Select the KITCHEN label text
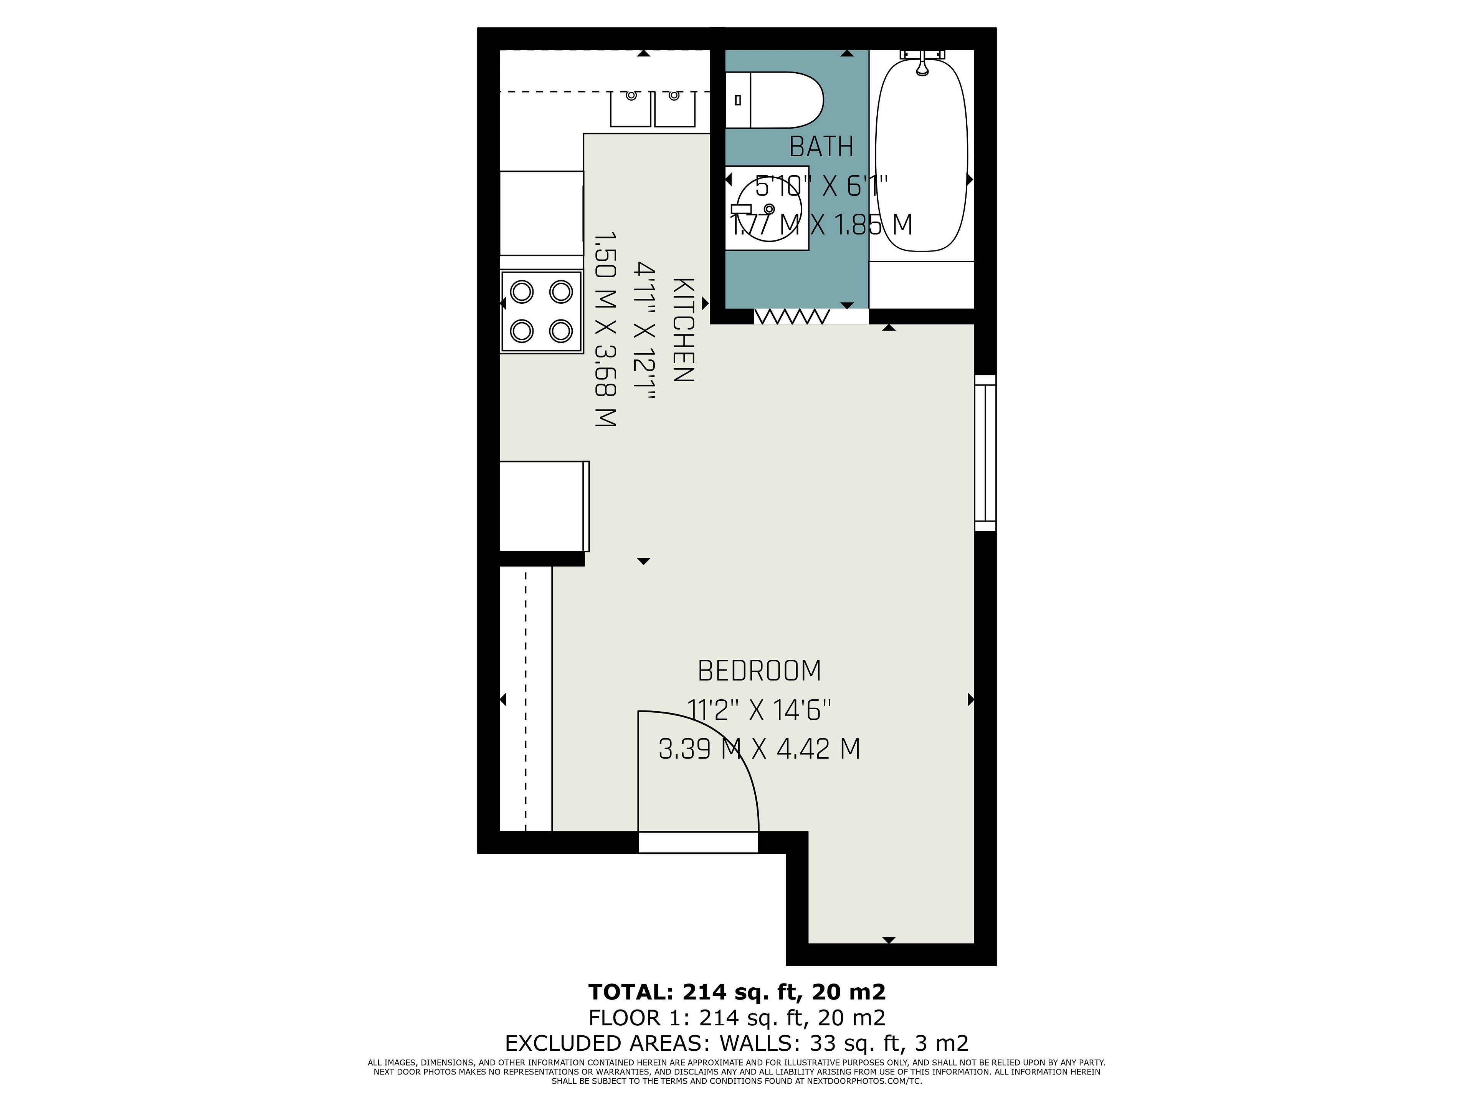pyautogui.click(x=684, y=330)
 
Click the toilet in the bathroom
pyautogui.click(x=774, y=100)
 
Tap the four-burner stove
pyautogui.click(x=542, y=311)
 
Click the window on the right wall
pyautogui.click(x=986, y=453)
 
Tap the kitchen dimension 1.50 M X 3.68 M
pyautogui.click(x=605, y=329)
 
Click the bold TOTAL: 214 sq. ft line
pyautogui.click(x=737, y=992)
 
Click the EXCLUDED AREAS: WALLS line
pyautogui.click(x=737, y=1043)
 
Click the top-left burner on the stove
pyautogui.click(x=522, y=291)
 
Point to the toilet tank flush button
pyautogui.click(x=738, y=100)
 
